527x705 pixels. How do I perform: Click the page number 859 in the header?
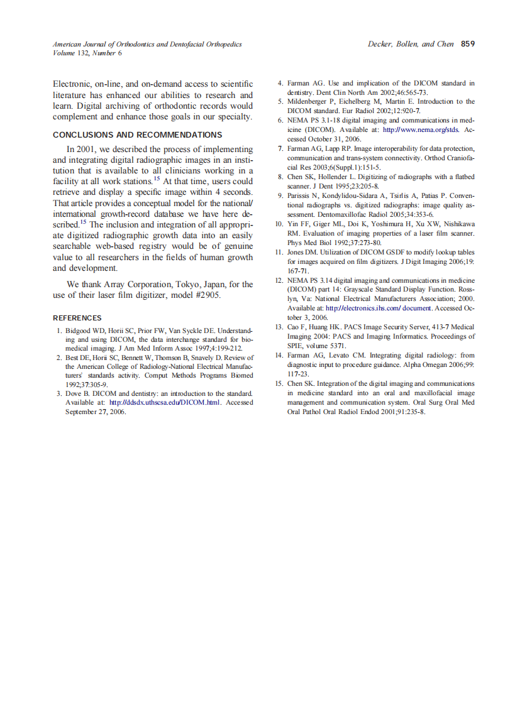467,45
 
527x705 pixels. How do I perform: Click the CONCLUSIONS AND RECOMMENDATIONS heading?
137,135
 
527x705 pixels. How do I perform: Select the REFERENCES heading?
77,318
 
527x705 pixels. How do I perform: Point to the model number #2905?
205,295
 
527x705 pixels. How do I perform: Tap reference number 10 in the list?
280,224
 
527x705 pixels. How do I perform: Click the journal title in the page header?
147,45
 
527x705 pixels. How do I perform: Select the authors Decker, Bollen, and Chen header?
411,45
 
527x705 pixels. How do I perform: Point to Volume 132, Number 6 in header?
87,53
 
